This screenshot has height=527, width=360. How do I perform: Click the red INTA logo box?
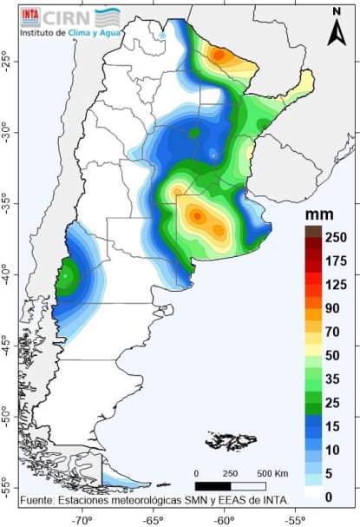29,15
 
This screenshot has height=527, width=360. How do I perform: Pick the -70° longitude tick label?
82,519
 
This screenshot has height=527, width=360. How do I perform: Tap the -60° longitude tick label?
223,519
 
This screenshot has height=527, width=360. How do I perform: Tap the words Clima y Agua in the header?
95,34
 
